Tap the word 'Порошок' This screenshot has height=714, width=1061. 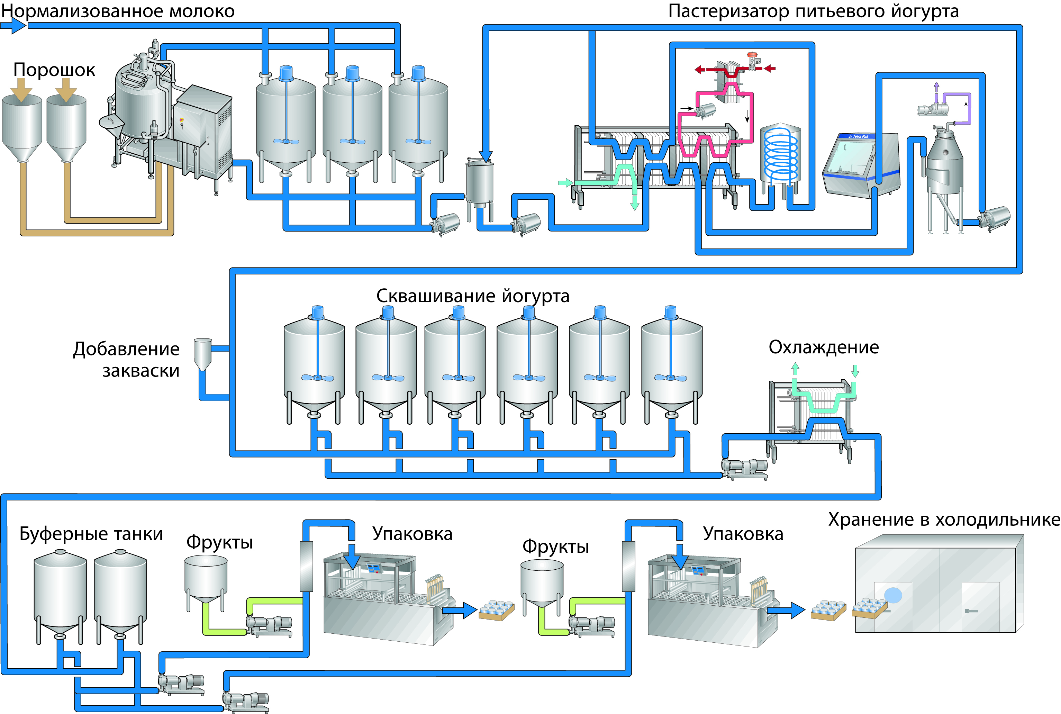(54, 70)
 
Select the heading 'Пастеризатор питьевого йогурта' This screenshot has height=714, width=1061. (813, 11)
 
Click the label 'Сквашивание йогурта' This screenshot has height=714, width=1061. (472, 296)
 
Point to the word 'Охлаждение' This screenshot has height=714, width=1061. (823, 347)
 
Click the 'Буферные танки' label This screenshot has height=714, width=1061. (91, 534)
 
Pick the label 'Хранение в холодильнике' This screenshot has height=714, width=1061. (944, 519)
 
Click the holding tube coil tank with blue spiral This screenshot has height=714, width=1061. (781, 155)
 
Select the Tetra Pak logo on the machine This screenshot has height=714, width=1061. (859, 136)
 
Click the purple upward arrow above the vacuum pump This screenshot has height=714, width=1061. (936, 87)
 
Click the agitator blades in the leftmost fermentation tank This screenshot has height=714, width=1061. (317, 378)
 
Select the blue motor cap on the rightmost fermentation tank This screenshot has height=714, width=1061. (670, 312)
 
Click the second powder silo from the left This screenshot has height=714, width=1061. (66, 127)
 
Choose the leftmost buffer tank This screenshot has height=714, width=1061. (60, 592)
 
